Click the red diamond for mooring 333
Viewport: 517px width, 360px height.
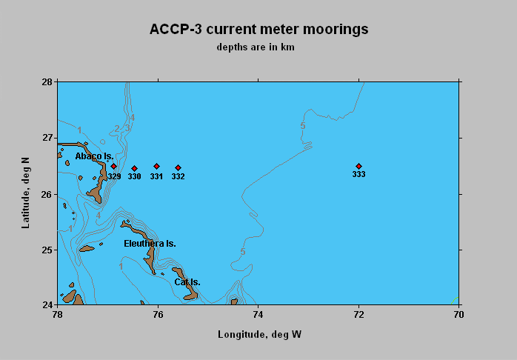pos(358,166)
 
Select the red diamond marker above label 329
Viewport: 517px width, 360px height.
pos(114,166)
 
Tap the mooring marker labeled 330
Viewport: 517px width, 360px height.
pos(134,168)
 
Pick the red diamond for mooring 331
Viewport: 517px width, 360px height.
pos(156,166)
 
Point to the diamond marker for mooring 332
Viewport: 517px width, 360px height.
pos(178,168)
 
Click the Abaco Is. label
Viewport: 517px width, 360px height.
pos(94,156)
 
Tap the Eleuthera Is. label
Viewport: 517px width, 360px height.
pos(150,244)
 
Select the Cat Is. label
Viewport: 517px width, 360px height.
pos(187,282)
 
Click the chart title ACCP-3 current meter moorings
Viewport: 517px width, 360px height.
pos(258,29)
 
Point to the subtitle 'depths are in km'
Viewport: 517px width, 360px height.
pos(256,47)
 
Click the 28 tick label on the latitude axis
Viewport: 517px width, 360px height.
pos(47,81)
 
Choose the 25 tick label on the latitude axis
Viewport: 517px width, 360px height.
pos(47,250)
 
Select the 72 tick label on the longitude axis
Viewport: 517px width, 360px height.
pos(358,315)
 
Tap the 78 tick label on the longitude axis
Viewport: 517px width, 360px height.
pos(58,315)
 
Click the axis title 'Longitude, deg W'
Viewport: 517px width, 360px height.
pos(259,335)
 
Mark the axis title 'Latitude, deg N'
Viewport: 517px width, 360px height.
pos(25,193)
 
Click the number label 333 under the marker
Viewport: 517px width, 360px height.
pos(358,174)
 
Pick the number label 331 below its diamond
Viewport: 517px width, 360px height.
pos(156,177)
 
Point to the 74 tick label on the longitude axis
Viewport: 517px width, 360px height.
pos(258,315)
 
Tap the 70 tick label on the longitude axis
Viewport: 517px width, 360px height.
pos(458,315)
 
